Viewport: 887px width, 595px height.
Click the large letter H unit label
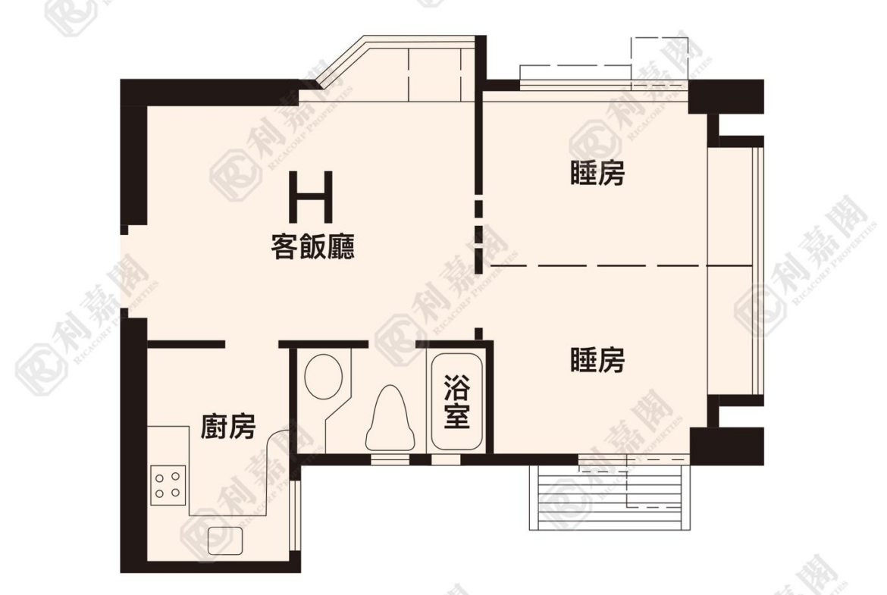tap(310, 197)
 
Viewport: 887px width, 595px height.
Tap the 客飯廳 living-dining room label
tap(313, 247)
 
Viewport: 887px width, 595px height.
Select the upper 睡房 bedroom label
tap(598, 174)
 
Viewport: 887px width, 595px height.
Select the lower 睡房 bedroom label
tap(598, 360)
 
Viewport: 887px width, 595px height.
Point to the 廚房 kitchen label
tap(228, 427)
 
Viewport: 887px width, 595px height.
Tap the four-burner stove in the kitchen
tap(168, 485)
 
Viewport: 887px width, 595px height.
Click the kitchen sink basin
tap(225, 540)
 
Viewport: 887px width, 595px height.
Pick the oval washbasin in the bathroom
tap(323, 376)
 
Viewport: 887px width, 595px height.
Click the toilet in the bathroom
tap(390, 418)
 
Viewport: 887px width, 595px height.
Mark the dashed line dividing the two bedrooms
tap(621, 265)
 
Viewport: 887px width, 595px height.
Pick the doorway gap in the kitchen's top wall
tap(252, 344)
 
